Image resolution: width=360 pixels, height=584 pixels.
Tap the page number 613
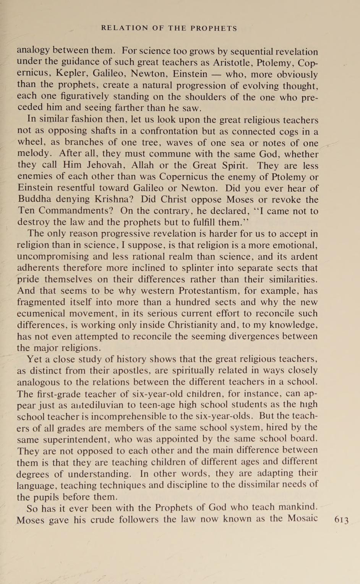coord(341,520)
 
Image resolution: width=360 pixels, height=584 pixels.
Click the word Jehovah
coord(102,165)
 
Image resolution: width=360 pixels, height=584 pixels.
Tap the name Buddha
coord(35,199)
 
